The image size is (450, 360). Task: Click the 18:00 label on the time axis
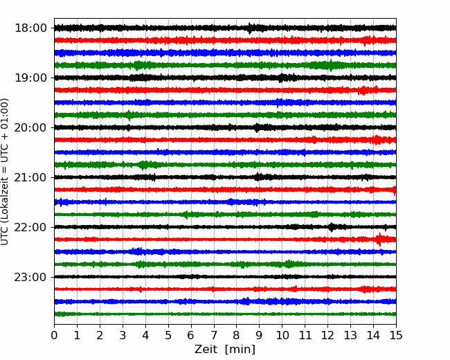point(30,28)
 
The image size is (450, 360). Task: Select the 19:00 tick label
point(30,78)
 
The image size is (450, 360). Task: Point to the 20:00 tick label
point(30,127)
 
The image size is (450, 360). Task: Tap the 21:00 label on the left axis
point(30,177)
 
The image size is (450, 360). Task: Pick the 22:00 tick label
point(30,227)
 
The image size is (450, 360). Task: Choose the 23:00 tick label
point(30,277)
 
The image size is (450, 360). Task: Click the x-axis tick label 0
point(54,335)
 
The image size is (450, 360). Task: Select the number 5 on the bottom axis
point(168,335)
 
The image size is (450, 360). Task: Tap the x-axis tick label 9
point(259,335)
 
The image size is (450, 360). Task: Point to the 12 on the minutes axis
point(327,335)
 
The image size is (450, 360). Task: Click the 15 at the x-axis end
point(396,335)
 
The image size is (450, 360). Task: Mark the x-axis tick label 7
point(214,335)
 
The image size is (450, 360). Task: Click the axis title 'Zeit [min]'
point(225,350)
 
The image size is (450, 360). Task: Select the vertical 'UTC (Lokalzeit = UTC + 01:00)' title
point(5,172)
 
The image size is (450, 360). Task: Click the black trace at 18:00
point(225,28)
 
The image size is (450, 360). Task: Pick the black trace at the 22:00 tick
point(225,227)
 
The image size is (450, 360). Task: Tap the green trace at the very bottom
point(225,314)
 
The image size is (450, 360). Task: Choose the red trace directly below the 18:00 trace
point(225,40)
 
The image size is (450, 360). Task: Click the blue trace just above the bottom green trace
point(225,301)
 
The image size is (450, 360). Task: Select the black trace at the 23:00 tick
point(225,277)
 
